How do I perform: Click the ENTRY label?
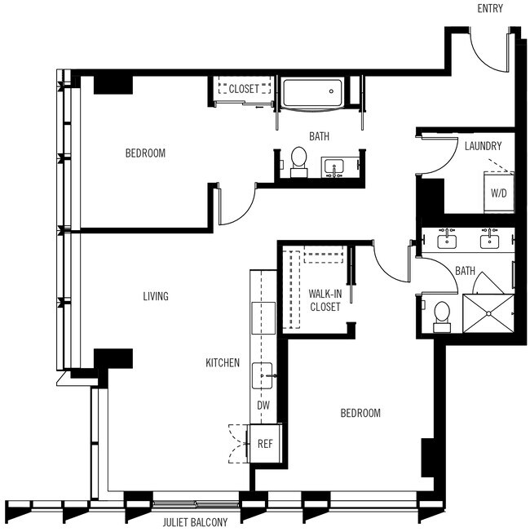pos(490,9)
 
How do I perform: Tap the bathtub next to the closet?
pos(314,95)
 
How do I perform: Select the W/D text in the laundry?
pos(497,194)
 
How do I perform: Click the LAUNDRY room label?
pos(483,147)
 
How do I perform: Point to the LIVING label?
pos(154,296)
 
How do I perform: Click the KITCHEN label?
pos(222,362)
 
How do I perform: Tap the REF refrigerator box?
pos(265,445)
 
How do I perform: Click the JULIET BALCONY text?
pos(195,521)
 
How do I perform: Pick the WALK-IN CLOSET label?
pos(325,300)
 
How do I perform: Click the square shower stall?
pos(489,314)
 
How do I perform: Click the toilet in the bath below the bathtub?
pos(298,160)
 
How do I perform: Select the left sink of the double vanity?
pos(447,240)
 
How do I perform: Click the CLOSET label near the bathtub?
pos(244,89)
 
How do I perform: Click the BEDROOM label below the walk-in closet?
pos(360,414)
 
